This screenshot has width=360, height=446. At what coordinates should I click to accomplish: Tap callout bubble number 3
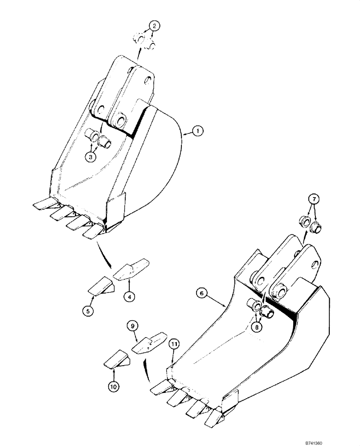point(91,157)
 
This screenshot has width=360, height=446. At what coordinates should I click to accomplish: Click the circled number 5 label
point(89,311)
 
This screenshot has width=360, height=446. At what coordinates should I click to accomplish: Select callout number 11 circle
point(174,343)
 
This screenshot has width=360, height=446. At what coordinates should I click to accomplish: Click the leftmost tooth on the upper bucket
point(45,205)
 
